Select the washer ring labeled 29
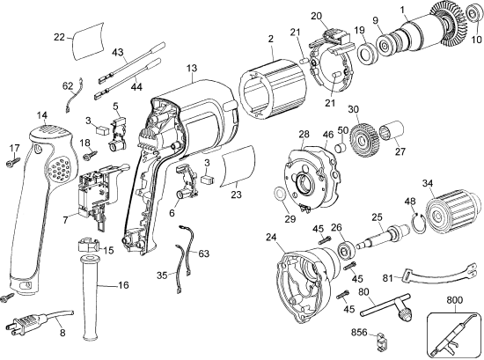coord(277,195)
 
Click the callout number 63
coord(204,255)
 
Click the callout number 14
coord(41,115)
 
